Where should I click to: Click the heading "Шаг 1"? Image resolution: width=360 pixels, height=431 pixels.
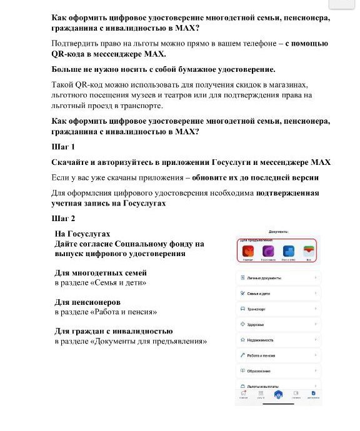[62, 147]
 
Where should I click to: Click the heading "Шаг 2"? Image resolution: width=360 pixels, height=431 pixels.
[62, 219]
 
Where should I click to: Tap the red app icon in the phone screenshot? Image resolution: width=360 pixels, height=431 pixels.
[247, 251]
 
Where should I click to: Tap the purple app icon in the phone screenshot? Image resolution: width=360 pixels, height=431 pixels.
[267, 251]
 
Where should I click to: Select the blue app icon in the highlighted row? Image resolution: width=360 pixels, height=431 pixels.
[288, 251]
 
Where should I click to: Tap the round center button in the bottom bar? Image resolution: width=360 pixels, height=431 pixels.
[278, 395]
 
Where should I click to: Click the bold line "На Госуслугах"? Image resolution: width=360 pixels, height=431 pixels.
[82, 233]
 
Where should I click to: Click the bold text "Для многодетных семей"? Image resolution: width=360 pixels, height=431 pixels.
[101, 273]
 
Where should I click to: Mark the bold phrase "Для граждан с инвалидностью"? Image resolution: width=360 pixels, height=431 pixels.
[114, 331]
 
